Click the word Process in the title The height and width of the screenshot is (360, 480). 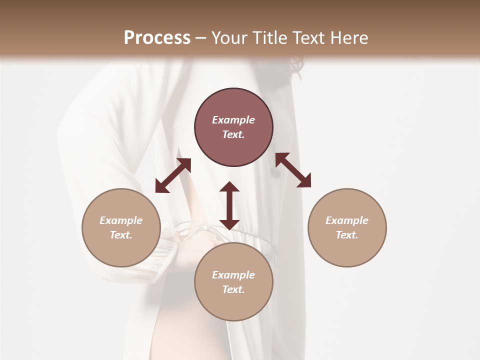[x=157, y=38]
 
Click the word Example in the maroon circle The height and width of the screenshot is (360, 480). [x=233, y=120]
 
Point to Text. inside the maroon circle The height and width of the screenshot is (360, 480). [x=233, y=134]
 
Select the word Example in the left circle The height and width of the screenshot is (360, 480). [x=121, y=220]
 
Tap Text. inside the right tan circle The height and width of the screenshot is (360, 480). [x=347, y=235]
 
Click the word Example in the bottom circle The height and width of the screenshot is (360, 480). [x=233, y=275]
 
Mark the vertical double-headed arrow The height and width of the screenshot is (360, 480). [x=229, y=205]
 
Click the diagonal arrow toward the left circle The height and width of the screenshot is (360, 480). [x=173, y=175]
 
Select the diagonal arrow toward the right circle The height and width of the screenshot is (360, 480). [x=293, y=170]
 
